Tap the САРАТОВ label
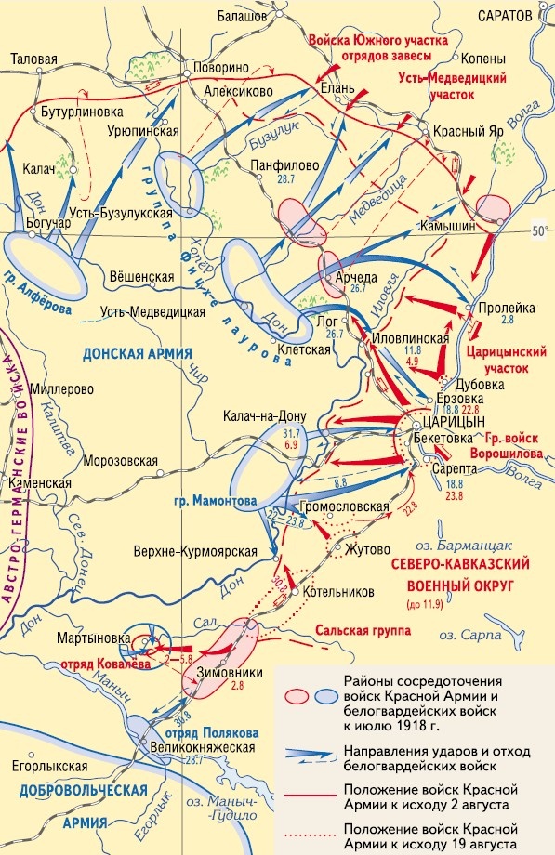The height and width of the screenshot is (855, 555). click(x=501, y=16)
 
